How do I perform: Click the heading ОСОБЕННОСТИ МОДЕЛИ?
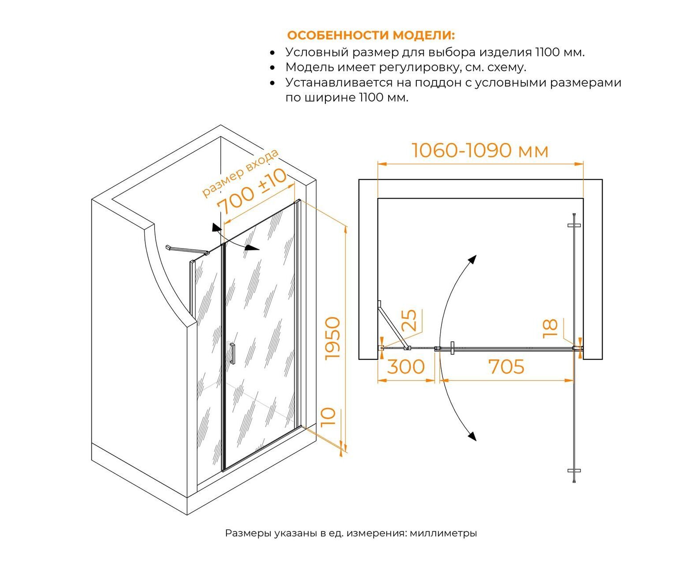coord(371,35)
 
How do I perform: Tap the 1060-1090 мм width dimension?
coord(480,151)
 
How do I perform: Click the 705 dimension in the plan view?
coord(506,366)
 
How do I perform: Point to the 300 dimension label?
coord(406,366)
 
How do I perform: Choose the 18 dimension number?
coord(550,328)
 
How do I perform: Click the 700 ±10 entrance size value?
coord(252,192)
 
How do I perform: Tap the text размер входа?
coord(240,173)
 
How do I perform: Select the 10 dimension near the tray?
coord(329,417)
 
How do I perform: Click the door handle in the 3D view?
coord(233,353)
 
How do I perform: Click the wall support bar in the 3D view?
coord(187,249)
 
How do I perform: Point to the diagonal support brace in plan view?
coord(393,326)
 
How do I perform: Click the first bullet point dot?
coord(272,53)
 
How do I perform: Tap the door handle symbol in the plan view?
coord(453,348)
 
